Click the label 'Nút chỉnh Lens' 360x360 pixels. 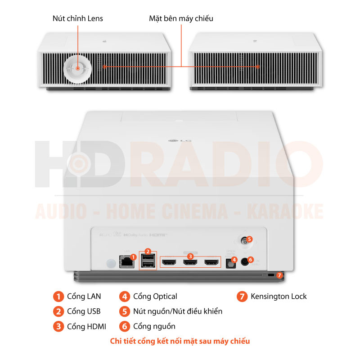pyautogui.click(x=78, y=18)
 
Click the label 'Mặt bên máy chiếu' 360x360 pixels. pyautogui.click(x=181, y=18)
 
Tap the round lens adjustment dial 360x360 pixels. pyautogui.click(x=77, y=68)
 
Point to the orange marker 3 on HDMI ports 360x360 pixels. pyautogui.click(x=191, y=256)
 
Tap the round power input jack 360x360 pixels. pyautogui.click(x=246, y=261)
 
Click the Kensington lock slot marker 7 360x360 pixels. pyautogui.click(x=279, y=274)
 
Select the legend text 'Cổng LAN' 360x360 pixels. pyautogui.click(x=84, y=296)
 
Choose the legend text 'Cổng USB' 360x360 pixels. pyautogui.click(x=84, y=311)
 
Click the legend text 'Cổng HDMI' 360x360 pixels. pyautogui.click(x=86, y=326)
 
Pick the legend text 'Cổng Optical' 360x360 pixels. pyautogui.click(x=155, y=296)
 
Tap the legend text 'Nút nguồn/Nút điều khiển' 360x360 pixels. pyautogui.click(x=178, y=311)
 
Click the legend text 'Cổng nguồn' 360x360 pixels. pyautogui.click(x=154, y=326)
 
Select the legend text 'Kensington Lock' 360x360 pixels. pyautogui.click(x=279, y=296)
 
